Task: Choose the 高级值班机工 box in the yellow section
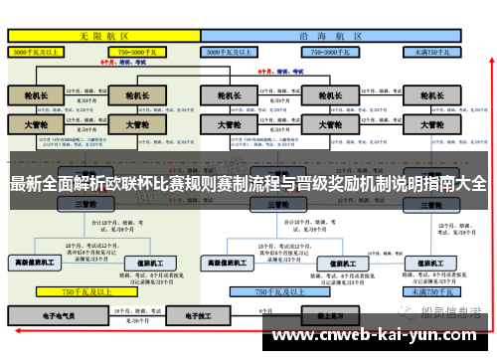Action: pos(35,263)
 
